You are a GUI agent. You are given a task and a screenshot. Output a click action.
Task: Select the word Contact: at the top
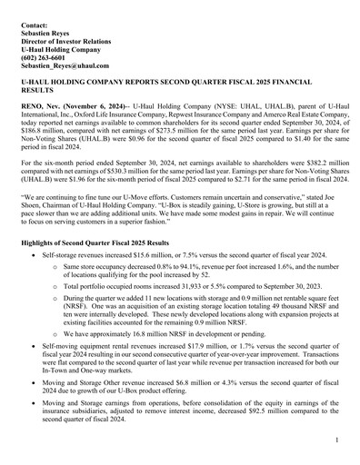point(35,16)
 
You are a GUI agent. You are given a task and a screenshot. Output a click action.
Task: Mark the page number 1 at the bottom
point(336,440)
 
